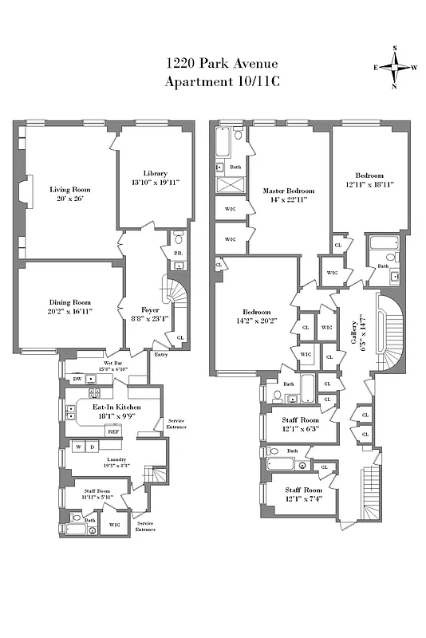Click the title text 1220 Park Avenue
(x=212, y=63)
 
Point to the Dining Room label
(x=69, y=303)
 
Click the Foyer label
(x=150, y=309)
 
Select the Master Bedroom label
(x=289, y=191)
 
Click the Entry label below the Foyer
(x=161, y=354)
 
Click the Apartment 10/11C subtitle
(x=212, y=82)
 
